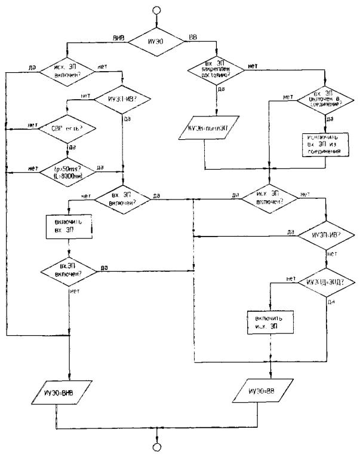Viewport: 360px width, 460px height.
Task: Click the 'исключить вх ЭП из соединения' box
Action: pyautogui.click(x=322, y=143)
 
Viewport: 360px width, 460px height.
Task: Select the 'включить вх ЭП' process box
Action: pyautogui.click(x=70, y=226)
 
